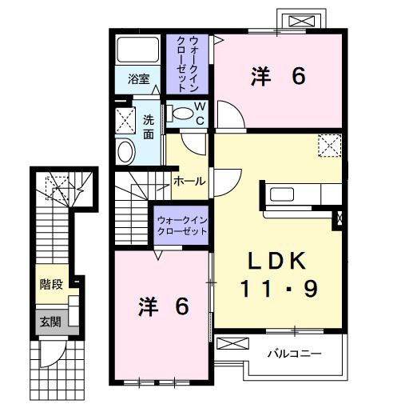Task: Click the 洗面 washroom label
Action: tap(149, 126)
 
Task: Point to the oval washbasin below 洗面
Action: tap(125, 152)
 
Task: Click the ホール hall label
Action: tap(189, 182)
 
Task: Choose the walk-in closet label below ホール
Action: tap(181, 225)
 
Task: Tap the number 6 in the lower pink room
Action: tap(181, 306)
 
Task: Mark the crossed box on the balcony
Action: tap(232, 344)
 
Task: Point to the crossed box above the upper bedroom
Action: tap(302, 19)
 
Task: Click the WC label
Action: tap(200, 113)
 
